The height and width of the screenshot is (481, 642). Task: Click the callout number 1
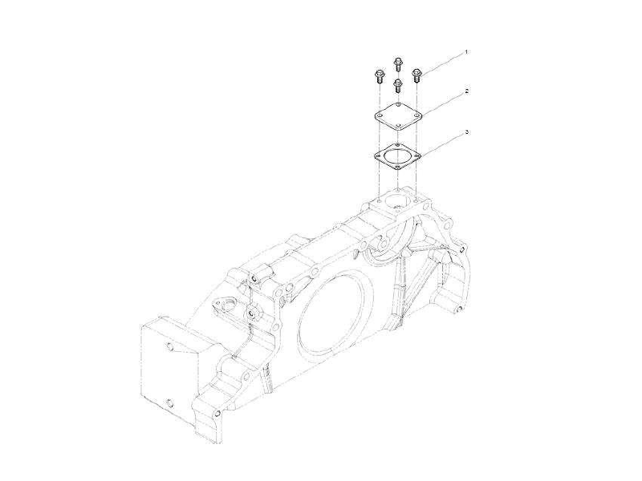click(x=466, y=52)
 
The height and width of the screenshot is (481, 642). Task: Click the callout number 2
click(x=466, y=93)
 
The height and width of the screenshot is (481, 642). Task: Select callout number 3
click(x=466, y=131)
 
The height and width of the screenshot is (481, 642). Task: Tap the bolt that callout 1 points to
click(x=417, y=75)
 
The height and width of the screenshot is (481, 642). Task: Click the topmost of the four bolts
click(x=398, y=63)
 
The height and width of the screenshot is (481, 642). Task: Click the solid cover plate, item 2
click(x=399, y=116)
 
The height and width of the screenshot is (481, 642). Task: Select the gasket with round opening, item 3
click(x=399, y=154)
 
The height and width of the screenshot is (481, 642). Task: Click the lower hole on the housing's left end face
click(x=169, y=403)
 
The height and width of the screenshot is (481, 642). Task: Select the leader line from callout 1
click(x=444, y=63)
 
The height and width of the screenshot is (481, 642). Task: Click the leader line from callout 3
click(x=444, y=143)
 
